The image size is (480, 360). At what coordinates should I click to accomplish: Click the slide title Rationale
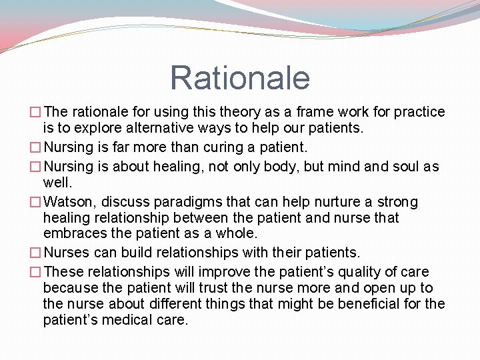240,77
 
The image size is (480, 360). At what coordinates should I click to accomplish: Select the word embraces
72,233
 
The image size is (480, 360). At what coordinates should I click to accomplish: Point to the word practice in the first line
420,112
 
